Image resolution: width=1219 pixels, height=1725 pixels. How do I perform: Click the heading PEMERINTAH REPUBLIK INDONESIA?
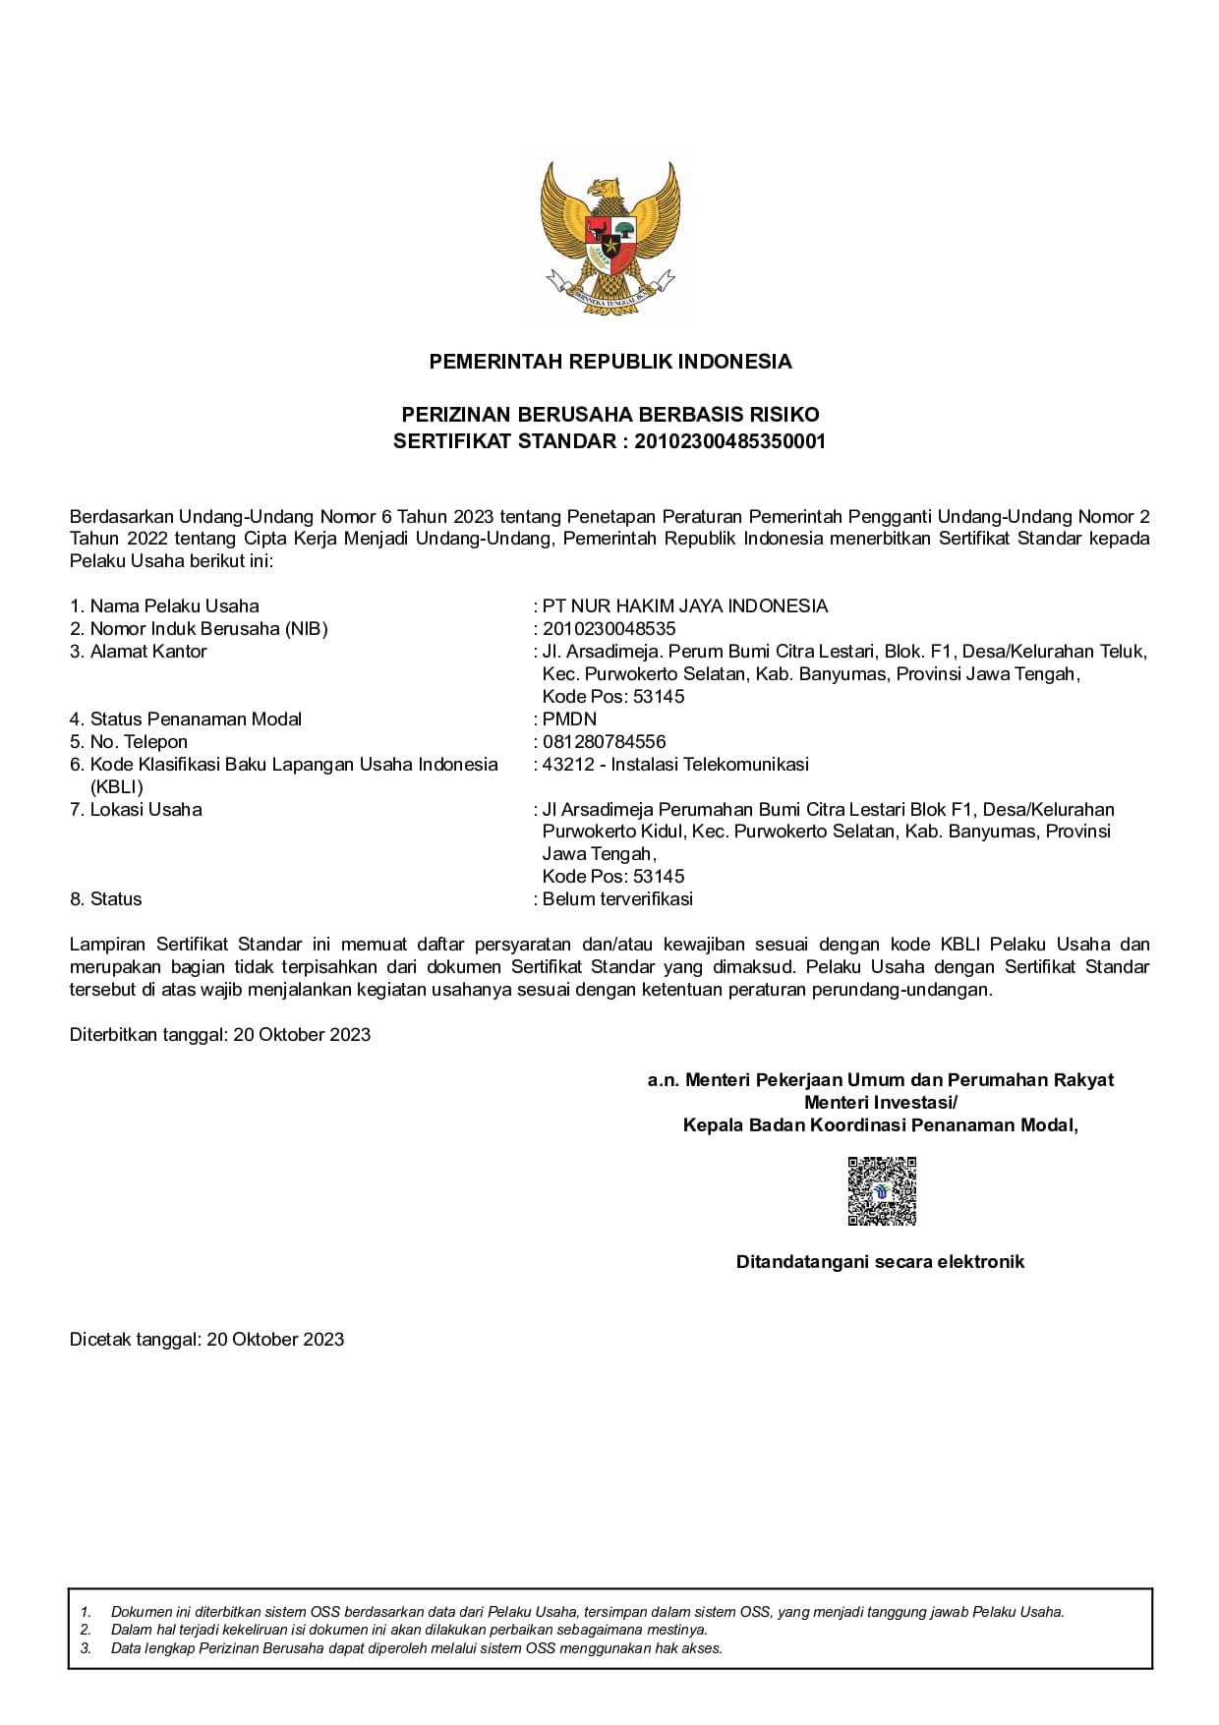pyautogui.click(x=609, y=362)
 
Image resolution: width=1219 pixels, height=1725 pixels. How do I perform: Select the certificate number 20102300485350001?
pyautogui.click(x=730, y=441)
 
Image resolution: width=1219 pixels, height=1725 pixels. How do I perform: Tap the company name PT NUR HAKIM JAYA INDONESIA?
pyautogui.click(x=685, y=606)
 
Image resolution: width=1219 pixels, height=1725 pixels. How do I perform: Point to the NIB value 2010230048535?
pyautogui.click(x=609, y=629)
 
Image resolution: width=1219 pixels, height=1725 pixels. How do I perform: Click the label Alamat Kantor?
pyautogui.click(x=147, y=652)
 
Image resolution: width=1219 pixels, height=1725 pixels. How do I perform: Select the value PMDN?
pyautogui.click(x=569, y=719)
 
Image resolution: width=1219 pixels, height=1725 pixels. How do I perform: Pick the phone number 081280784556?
pyautogui.click(x=604, y=742)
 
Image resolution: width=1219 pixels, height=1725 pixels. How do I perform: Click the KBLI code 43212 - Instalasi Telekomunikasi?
pyautogui.click(x=675, y=765)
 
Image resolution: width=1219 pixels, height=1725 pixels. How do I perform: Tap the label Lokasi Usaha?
pyautogui.click(x=145, y=810)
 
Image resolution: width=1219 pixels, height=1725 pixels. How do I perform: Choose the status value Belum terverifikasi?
pyautogui.click(x=617, y=899)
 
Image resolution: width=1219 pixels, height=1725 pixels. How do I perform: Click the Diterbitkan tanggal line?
pyautogui.click(x=220, y=1035)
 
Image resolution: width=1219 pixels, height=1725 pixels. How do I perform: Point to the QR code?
pyautogui.click(x=882, y=1191)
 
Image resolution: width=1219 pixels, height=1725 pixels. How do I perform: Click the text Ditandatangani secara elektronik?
pyautogui.click(x=880, y=1262)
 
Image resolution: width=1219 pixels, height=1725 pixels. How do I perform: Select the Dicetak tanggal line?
pyautogui.click(x=206, y=1340)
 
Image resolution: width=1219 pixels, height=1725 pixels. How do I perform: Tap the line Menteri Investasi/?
pyautogui.click(x=880, y=1103)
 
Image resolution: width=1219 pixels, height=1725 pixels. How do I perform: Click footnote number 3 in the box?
pyautogui.click(x=86, y=1648)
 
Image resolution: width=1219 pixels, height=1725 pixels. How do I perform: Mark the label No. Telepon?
pyautogui.click(x=138, y=742)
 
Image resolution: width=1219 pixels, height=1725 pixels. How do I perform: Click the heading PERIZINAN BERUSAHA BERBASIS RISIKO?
pyautogui.click(x=609, y=415)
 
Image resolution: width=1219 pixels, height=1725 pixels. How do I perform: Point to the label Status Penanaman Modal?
pyautogui.click(x=195, y=719)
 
